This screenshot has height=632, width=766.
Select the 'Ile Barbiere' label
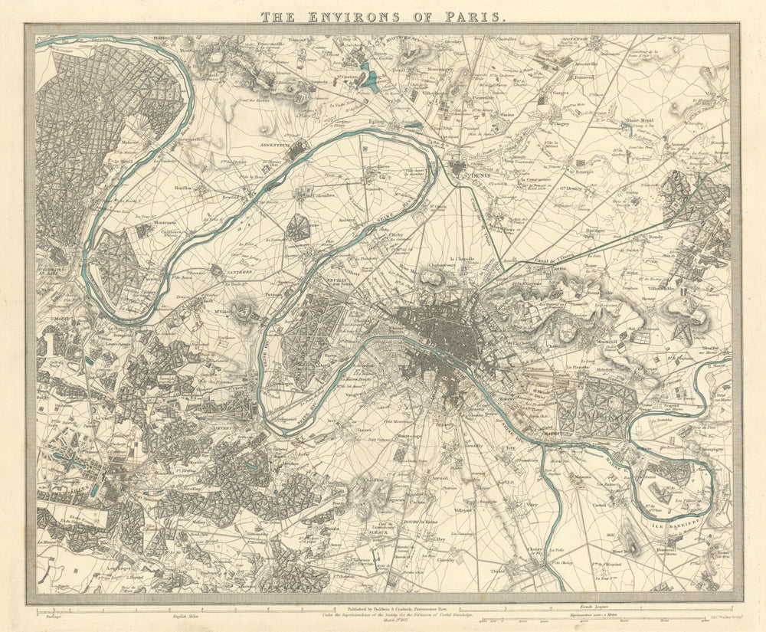[676, 524]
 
